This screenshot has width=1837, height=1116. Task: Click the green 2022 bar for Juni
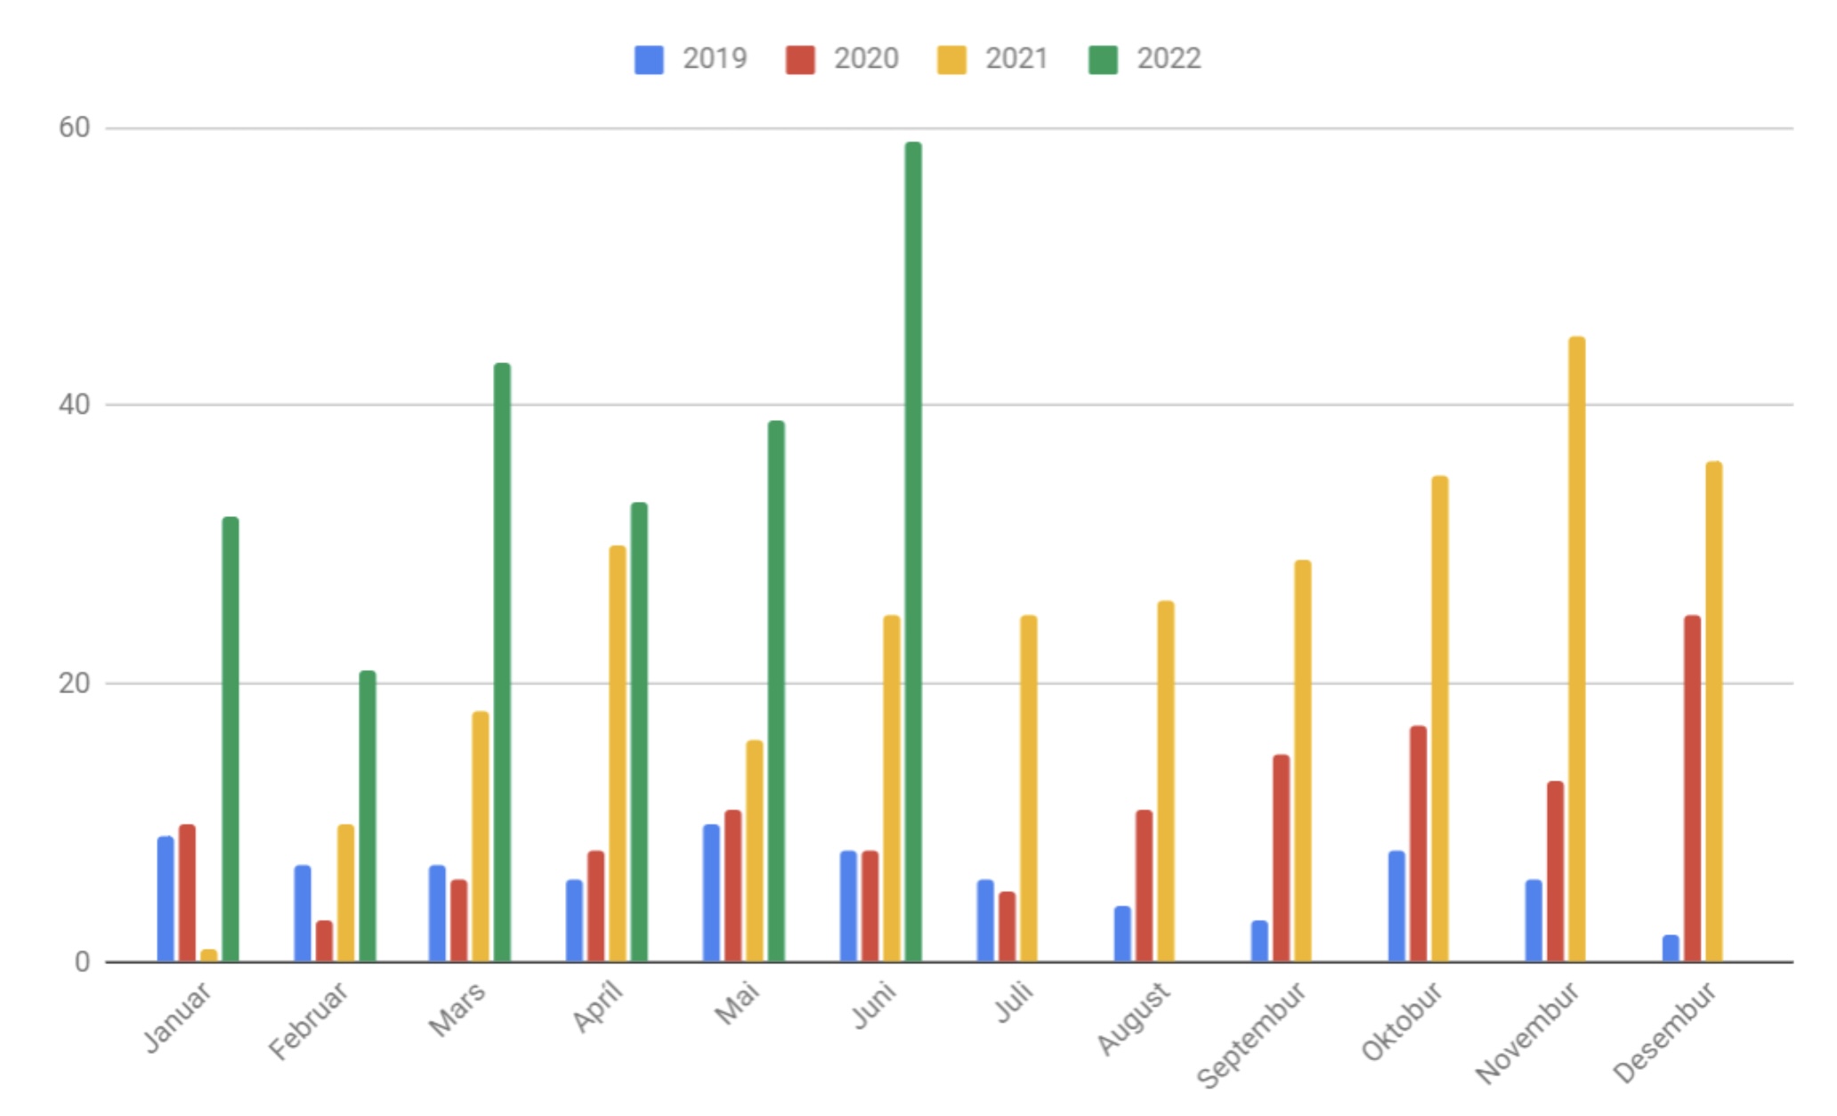click(913, 552)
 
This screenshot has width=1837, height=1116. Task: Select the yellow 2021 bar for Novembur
click(1576, 650)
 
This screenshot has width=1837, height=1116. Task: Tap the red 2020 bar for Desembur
click(1692, 788)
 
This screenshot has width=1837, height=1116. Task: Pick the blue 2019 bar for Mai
click(711, 893)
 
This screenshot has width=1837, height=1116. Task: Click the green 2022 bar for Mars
click(502, 662)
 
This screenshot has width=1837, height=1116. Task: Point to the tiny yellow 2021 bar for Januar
click(209, 955)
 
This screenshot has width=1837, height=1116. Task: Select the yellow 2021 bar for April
click(618, 753)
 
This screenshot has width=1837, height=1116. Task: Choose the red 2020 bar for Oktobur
click(1418, 844)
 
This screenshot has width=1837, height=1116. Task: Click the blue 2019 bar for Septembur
click(1259, 941)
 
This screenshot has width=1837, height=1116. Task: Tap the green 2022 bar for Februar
click(368, 816)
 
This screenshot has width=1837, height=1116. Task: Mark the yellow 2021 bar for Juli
click(1029, 788)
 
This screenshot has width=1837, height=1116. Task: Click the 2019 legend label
click(714, 59)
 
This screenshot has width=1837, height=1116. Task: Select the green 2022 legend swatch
click(1103, 60)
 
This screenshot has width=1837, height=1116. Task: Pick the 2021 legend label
click(1016, 59)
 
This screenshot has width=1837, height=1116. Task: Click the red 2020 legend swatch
click(800, 60)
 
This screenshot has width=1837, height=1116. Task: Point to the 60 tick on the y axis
click(75, 128)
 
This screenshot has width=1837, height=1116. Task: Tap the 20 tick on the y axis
click(75, 683)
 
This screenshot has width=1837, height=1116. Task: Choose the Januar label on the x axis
click(179, 1017)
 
